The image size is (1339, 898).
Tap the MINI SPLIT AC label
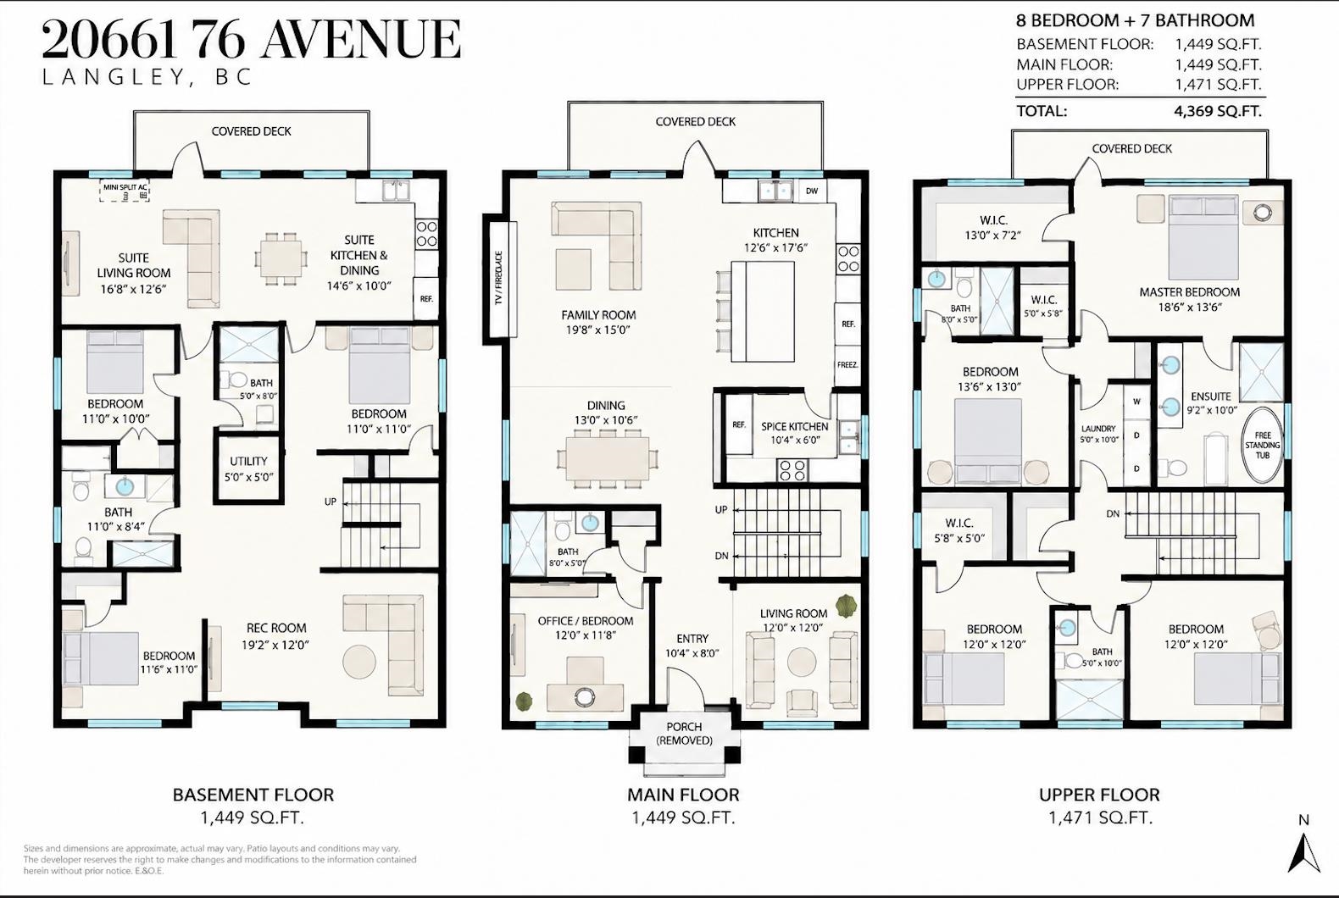[x=125, y=187]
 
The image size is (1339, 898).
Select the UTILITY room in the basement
[x=248, y=469]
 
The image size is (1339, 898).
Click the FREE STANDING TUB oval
[x=1263, y=445]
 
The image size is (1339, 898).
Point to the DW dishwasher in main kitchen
[x=811, y=191]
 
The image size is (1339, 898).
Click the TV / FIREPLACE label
[x=498, y=279]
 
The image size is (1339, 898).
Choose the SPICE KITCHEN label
[x=794, y=427]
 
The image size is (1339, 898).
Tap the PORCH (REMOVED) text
[x=684, y=734]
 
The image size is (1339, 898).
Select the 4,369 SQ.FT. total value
[x=1218, y=111]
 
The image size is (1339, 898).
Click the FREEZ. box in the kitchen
[x=847, y=364]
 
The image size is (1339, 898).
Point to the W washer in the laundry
[x=1136, y=402]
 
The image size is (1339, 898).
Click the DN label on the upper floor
[x=1113, y=513]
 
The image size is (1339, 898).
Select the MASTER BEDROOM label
[x=1190, y=292]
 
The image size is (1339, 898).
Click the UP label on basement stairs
[x=330, y=502]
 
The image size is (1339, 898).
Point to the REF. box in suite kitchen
[x=426, y=299]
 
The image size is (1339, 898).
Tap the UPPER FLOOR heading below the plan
[x=1099, y=795]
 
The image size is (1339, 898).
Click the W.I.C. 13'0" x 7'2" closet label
[x=992, y=228]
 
